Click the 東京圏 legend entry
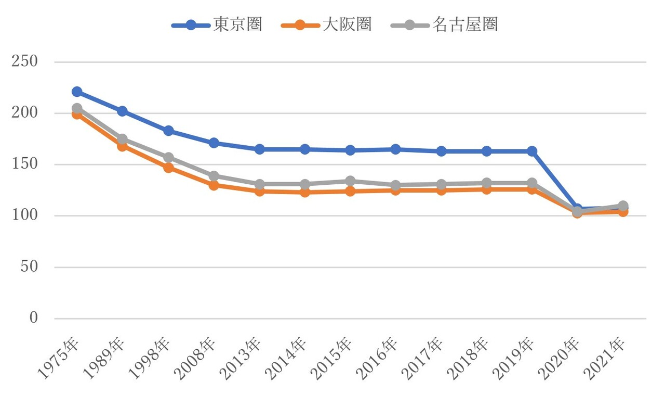point(217,24)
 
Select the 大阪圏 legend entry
point(326,24)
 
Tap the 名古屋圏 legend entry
point(444,24)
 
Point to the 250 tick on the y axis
point(24,61)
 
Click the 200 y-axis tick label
point(24,112)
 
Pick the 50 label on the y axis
point(29,266)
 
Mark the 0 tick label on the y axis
point(34,317)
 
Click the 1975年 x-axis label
point(58,358)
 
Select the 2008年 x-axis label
point(194,358)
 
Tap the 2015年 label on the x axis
point(331,358)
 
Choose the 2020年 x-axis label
point(558,358)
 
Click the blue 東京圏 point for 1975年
point(77,92)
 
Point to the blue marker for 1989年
point(122,111)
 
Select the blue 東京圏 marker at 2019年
point(531,151)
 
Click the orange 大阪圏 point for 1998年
point(168,168)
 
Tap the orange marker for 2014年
point(305,193)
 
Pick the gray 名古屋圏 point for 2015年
point(350,181)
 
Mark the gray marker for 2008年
point(214,176)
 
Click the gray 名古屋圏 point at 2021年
point(623,206)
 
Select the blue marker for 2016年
point(395,149)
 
